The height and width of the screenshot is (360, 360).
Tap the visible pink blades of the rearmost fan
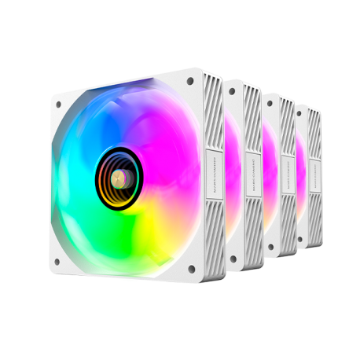click(x=300, y=173)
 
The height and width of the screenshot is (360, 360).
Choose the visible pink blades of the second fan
click(x=233, y=173)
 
